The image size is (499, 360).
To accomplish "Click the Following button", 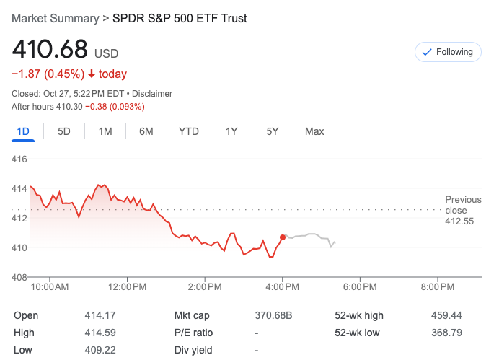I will click(x=448, y=52).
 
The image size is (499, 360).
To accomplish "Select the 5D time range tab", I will click(x=64, y=131).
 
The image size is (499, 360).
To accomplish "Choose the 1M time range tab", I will click(x=105, y=131).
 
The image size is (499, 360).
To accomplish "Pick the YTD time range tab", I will click(x=189, y=131).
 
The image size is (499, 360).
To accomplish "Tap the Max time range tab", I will click(x=314, y=131).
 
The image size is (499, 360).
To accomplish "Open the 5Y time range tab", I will click(x=272, y=131).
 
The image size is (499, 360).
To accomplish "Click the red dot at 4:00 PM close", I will click(x=282, y=237).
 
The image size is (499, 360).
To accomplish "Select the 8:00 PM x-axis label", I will click(x=438, y=287).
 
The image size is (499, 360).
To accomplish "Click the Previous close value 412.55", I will click(x=459, y=221).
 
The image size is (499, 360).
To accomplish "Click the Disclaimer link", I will click(x=152, y=94).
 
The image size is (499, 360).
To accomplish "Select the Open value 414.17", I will click(x=100, y=315).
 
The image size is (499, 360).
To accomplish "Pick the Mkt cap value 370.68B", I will click(x=274, y=315).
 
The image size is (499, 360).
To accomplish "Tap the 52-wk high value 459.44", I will click(x=447, y=315).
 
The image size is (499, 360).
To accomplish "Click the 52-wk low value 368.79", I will click(x=447, y=333).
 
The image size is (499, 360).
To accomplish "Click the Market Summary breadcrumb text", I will click(x=56, y=18).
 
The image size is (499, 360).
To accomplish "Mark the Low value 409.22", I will click(x=100, y=350).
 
